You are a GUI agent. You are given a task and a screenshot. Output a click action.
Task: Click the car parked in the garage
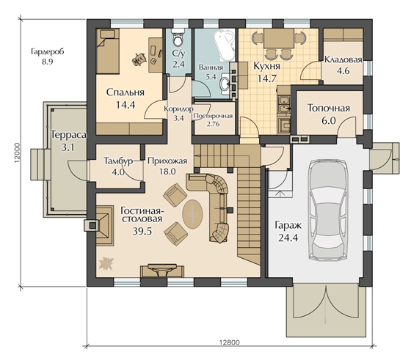pyautogui.click(x=327, y=210)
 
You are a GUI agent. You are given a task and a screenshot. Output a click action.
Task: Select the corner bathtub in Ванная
pyautogui.click(x=224, y=45)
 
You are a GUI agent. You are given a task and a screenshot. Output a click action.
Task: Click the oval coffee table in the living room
pyautogui.click(x=192, y=214)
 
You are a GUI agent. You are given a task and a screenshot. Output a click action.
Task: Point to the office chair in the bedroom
pyautogui.click(x=139, y=59)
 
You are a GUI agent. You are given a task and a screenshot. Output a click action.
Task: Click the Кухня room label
pyautogui.click(x=266, y=66)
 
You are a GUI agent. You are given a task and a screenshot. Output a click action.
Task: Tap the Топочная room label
pyautogui.click(x=329, y=108)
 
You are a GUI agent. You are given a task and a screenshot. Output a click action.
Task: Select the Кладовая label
pyautogui.click(x=343, y=59)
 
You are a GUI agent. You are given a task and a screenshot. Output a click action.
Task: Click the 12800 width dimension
pyautogui.click(x=229, y=342)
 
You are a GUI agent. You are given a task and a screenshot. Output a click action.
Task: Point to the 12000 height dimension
pyautogui.click(x=17, y=153)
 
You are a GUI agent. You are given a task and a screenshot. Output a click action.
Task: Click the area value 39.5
pyautogui.click(x=142, y=232)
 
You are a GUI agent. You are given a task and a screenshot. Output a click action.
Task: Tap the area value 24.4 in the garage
pyautogui.click(x=288, y=238)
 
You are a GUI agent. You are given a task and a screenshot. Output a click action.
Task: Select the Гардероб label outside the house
pyautogui.click(x=47, y=51)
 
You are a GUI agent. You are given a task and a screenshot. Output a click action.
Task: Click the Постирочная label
pyautogui.click(x=213, y=116)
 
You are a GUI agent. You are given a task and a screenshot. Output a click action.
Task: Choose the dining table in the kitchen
pyautogui.click(x=279, y=38)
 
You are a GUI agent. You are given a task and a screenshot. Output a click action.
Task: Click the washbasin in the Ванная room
pyautogui.click(x=225, y=84)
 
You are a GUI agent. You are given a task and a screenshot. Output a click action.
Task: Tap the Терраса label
pyautogui.click(x=68, y=135)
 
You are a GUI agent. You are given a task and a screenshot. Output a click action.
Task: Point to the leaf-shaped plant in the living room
pyautogui.click(x=106, y=263)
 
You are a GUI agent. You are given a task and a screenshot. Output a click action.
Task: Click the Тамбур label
pyautogui.click(x=118, y=161)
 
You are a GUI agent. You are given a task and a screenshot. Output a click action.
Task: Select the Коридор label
pyautogui.click(x=179, y=109)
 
